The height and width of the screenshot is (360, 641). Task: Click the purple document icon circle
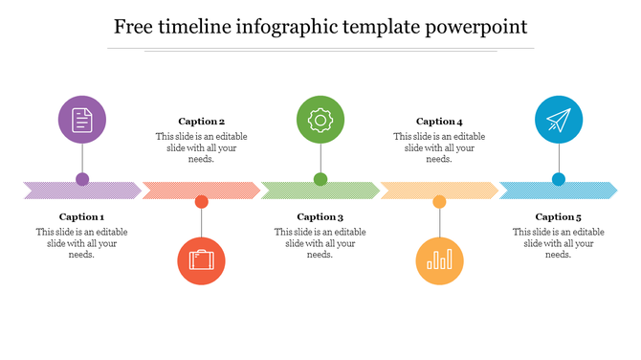82,120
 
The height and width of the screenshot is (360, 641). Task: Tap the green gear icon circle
320,120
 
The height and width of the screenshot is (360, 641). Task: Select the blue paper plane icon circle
558,120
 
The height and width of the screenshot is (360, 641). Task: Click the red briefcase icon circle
201,260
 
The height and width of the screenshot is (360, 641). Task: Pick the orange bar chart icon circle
439,260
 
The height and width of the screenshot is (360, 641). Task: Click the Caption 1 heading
82,217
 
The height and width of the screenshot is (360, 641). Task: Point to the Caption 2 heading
201,122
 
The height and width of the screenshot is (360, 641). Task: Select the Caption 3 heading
320,217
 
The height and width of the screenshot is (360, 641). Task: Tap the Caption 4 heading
439,122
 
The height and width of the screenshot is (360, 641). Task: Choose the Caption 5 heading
558,217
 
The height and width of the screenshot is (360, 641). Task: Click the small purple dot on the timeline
82,179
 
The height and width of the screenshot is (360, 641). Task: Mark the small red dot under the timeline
201,202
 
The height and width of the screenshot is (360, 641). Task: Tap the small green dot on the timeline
320,179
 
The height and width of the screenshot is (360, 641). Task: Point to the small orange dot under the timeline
439,202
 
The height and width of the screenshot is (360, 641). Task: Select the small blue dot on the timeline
558,179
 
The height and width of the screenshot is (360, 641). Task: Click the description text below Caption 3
320,243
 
